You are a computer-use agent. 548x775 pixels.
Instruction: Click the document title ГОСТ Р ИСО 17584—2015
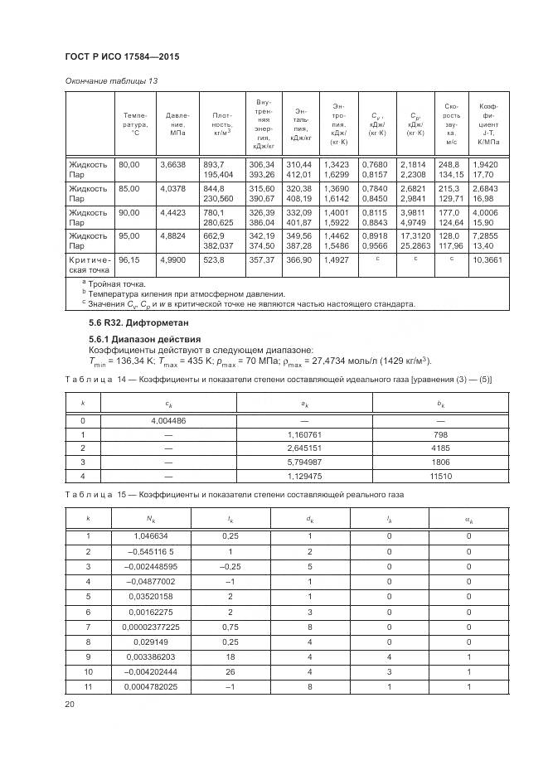point(121,56)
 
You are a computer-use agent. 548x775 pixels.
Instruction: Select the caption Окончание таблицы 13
point(111,80)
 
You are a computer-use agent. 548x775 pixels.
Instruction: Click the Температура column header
point(134,124)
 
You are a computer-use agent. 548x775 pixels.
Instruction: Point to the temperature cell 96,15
point(129,283)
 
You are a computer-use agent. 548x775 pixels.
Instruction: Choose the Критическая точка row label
point(88,288)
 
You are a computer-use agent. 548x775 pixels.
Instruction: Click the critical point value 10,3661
point(487,283)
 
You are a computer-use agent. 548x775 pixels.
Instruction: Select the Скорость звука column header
point(452,124)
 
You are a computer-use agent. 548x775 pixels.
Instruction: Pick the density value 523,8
point(214,283)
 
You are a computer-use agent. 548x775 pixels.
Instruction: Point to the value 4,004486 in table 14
point(168,421)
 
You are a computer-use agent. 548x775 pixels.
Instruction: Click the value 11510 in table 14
point(440,476)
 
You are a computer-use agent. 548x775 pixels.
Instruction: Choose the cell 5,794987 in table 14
point(303,463)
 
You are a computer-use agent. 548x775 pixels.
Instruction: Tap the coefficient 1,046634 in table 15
point(147,536)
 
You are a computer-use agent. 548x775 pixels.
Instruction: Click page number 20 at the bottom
point(70,704)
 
